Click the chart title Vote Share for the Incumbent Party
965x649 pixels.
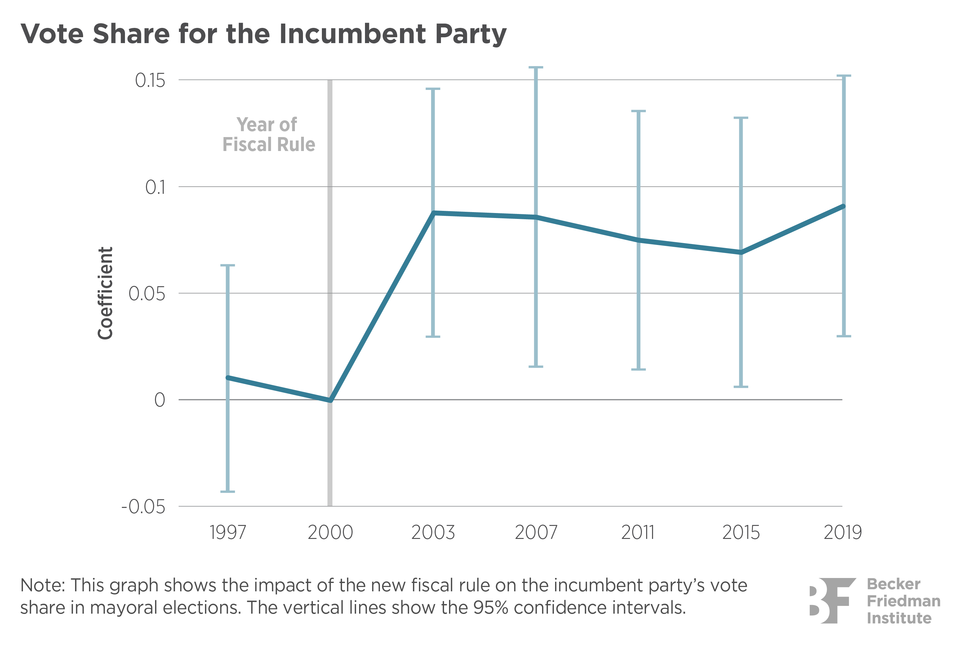coord(264,33)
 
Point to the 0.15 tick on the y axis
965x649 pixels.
coord(150,80)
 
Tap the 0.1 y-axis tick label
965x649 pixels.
coord(155,187)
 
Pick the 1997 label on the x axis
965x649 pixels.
coord(228,532)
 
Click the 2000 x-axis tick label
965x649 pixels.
coord(330,532)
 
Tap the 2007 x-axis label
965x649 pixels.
coord(536,532)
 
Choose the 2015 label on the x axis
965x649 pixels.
coord(741,532)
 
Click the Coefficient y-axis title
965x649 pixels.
coord(105,293)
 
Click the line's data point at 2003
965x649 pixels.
coord(433,213)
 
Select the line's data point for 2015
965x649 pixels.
coord(741,252)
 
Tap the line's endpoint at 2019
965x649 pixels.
coord(843,206)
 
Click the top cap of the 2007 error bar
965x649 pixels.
coord(536,67)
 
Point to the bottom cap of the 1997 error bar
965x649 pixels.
coord(228,492)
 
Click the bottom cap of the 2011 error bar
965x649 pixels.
coord(638,369)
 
